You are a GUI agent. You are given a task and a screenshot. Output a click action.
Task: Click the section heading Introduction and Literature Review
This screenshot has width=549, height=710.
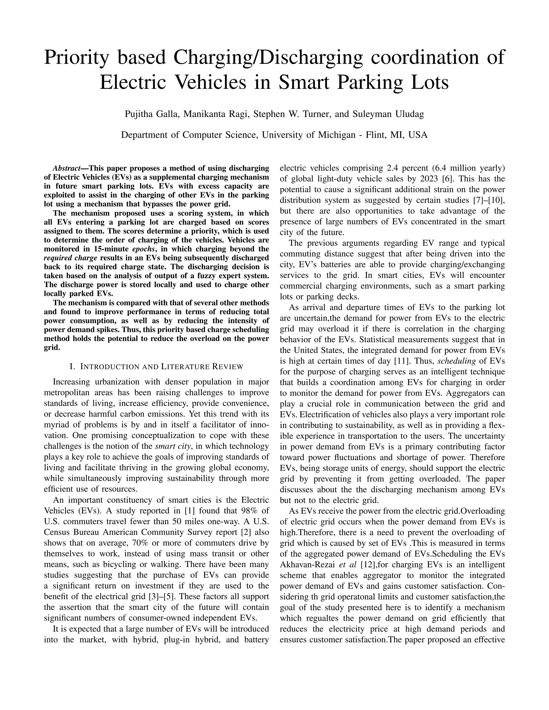(x=157, y=367)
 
